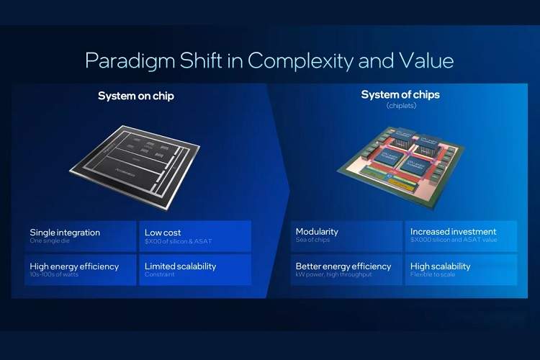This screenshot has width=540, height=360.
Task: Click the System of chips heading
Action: [x=400, y=95]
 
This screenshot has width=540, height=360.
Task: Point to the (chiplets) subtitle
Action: [x=401, y=106]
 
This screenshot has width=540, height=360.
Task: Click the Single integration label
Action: [x=65, y=233]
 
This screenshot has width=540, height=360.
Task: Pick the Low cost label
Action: [x=163, y=233]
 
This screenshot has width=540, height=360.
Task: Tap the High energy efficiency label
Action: [x=74, y=266]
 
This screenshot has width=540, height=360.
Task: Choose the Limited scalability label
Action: [x=180, y=266]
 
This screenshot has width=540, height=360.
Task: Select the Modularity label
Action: [x=317, y=232]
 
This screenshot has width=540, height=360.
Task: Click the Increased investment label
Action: [x=453, y=232]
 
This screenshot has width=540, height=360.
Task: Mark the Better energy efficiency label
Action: [x=343, y=266]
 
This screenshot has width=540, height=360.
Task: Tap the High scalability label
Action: [x=440, y=266]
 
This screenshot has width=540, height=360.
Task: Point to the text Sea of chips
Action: [x=312, y=240]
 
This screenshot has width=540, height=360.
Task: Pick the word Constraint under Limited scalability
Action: [x=159, y=274]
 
